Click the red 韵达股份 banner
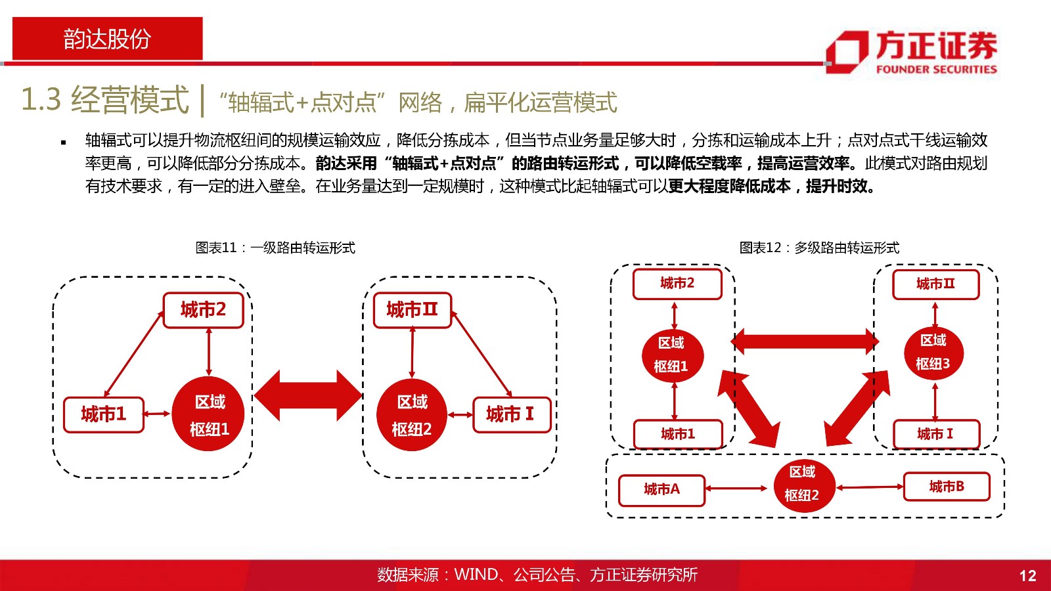(108, 39)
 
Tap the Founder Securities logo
(911, 53)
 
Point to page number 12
(1027, 575)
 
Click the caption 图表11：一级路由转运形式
(275, 247)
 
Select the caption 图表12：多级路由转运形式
(819, 247)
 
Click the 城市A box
(661, 490)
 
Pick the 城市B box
(947, 487)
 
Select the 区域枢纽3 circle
(933, 353)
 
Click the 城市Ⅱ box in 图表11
(413, 310)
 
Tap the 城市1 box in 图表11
(104, 414)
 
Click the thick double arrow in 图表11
(308, 395)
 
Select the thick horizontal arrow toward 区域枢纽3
(805, 341)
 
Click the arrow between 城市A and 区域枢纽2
(736, 489)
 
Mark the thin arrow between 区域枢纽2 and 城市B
(870, 487)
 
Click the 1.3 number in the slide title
(41, 99)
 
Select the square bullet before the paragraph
(63, 142)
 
